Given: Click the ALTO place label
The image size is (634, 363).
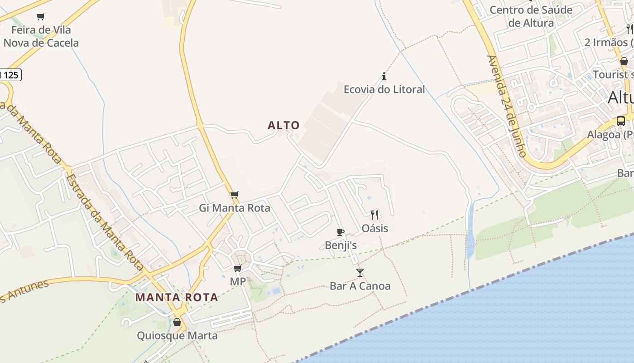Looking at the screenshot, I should click(x=283, y=125).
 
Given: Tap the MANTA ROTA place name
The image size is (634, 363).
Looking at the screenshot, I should click(x=177, y=298).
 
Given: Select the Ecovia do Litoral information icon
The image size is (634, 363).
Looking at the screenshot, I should click(x=384, y=76).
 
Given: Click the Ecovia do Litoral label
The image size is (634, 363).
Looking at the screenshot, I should click(x=384, y=89).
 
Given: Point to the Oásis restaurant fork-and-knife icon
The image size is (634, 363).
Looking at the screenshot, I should click(x=375, y=215).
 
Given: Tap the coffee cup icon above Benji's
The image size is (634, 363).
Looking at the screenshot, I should click(x=341, y=232).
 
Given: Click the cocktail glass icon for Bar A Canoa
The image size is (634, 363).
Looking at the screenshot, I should click(x=360, y=272).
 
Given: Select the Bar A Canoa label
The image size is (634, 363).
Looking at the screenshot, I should click(x=360, y=286).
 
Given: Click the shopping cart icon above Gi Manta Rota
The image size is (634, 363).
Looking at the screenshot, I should click(x=234, y=195).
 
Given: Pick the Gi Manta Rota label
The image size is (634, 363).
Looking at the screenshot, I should click(x=235, y=208).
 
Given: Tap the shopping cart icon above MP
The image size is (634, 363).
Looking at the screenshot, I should click(x=237, y=268).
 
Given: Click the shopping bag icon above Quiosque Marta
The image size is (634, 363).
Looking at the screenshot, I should click(x=177, y=322).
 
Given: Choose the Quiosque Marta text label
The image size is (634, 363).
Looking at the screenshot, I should click(x=177, y=336).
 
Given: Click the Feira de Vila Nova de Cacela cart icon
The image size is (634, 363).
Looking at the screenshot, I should click(x=41, y=17).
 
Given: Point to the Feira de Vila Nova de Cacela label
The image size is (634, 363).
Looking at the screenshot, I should click(x=41, y=36).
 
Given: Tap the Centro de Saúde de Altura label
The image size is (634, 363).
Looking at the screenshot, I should click(x=531, y=16).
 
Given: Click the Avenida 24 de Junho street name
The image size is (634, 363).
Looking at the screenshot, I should click(x=507, y=106).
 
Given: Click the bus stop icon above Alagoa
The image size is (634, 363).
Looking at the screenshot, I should click(x=620, y=121).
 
